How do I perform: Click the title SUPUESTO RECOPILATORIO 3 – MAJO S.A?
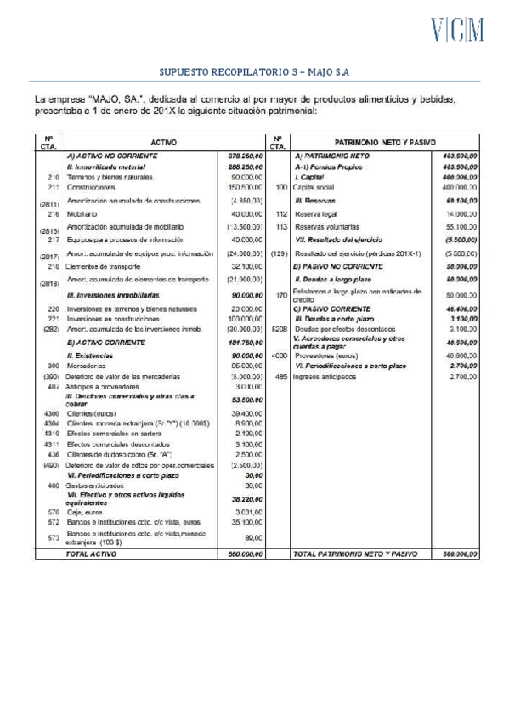254,72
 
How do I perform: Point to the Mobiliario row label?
82,214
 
